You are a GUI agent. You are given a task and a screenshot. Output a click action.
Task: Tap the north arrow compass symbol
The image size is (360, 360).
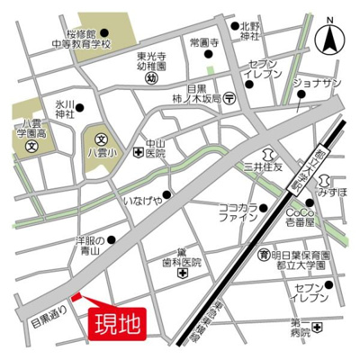click(x=332, y=38)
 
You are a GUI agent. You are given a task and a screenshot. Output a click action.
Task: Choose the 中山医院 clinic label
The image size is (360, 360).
click(x=156, y=147)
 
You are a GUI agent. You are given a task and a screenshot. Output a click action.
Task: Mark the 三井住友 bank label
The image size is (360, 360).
click(x=262, y=166)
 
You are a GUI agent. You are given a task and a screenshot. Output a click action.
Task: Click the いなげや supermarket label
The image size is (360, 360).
click(x=143, y=200)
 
